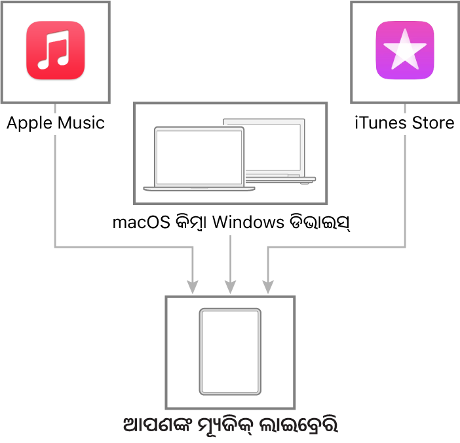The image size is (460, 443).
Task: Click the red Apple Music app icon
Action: tap(56, 50)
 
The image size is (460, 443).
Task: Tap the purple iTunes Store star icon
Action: tap(405, 50)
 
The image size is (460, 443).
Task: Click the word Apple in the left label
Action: tap(29, 123)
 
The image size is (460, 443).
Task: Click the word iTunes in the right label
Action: tap(381, 123)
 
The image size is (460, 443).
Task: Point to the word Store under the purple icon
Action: tap(433, 123)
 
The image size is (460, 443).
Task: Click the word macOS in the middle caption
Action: tap(142, 222)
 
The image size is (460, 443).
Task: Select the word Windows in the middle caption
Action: tap(248, 222)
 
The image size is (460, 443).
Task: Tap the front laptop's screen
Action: tap(199, 157)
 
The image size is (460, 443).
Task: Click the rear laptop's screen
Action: tap(273, 147)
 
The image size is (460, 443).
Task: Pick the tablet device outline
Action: tap(230, 351)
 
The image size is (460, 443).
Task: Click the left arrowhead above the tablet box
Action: tap(193, 287)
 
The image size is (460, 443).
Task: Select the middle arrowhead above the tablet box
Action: tap(230, 287)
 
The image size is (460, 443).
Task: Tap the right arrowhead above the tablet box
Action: tap(268, 287)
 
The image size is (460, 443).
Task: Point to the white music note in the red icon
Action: tap(54, 50)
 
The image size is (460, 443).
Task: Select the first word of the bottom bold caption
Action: tap(157, 425)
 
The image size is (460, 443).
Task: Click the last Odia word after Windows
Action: tap(320, 223)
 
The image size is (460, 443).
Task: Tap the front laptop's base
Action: tap(199, 189)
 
